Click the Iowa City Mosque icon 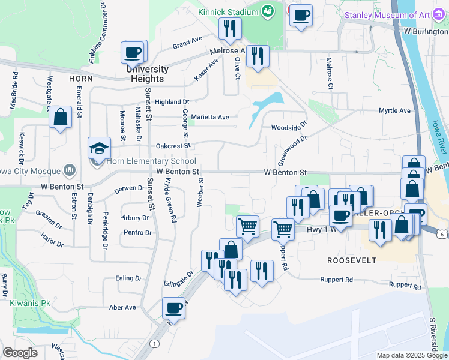point(71,170)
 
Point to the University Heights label point(147,74)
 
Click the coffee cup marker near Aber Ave point(174,308)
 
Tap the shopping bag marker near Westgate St point(60,117)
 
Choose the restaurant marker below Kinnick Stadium point(229,28)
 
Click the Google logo point(20,353)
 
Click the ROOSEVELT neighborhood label point(351,260)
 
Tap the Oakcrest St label point(173,145)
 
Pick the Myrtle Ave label point(394,111)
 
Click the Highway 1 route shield point(155,343)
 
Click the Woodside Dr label point(289,127)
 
